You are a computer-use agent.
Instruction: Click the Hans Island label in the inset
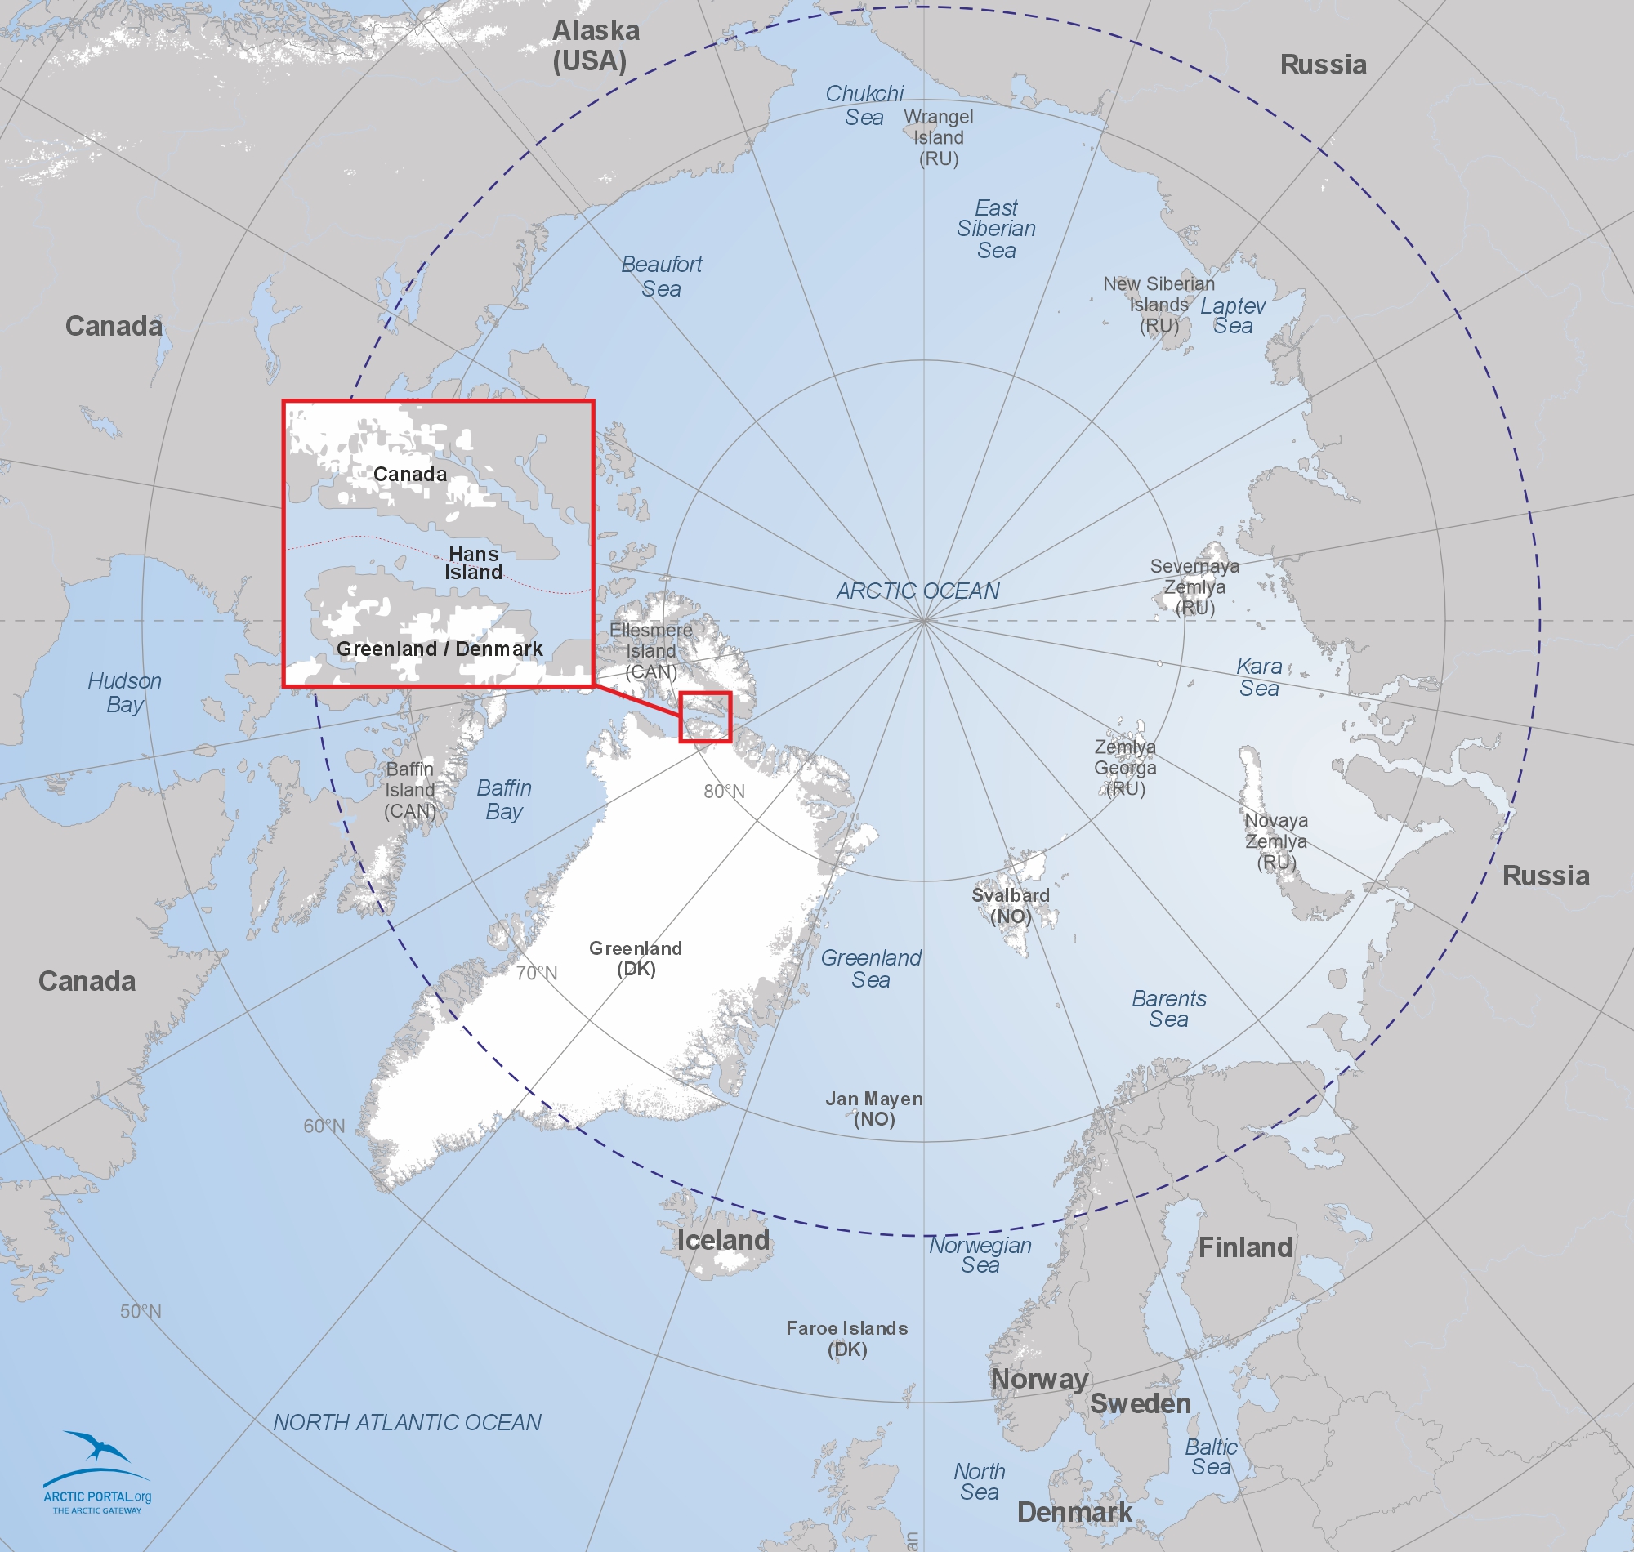tap(473, 564)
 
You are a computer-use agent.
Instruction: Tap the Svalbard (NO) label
tap(1010, 906)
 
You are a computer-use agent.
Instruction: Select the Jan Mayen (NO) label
tap(873, 1108)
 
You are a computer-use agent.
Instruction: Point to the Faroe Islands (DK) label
tap(847, 1339)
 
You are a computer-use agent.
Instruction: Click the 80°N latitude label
tap(724, 792)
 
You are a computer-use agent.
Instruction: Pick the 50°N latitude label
tap(141, 1311)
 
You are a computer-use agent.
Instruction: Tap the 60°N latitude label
tap(324, 1126)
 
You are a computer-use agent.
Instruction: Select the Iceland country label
tap(723, 1240)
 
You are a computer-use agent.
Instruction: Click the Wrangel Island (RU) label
tap(938, 138)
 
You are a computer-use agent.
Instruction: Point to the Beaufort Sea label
tap(661, 276)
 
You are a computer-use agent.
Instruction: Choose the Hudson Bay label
tap(125, 693)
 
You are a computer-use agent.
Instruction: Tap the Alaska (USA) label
tap(595, 46)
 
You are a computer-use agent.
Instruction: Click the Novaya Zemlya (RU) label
tap(1276, 841)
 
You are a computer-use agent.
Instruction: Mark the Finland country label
tap(1245, 1247)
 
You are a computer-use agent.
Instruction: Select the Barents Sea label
tap(1168, 1009)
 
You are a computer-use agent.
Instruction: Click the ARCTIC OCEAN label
tap(917, 591)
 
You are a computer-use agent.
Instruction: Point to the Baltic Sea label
tap(1212, 1457)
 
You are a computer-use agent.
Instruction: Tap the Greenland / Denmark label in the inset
tap(440, 649)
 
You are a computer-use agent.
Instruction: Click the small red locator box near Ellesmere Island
tap(706, 717)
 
